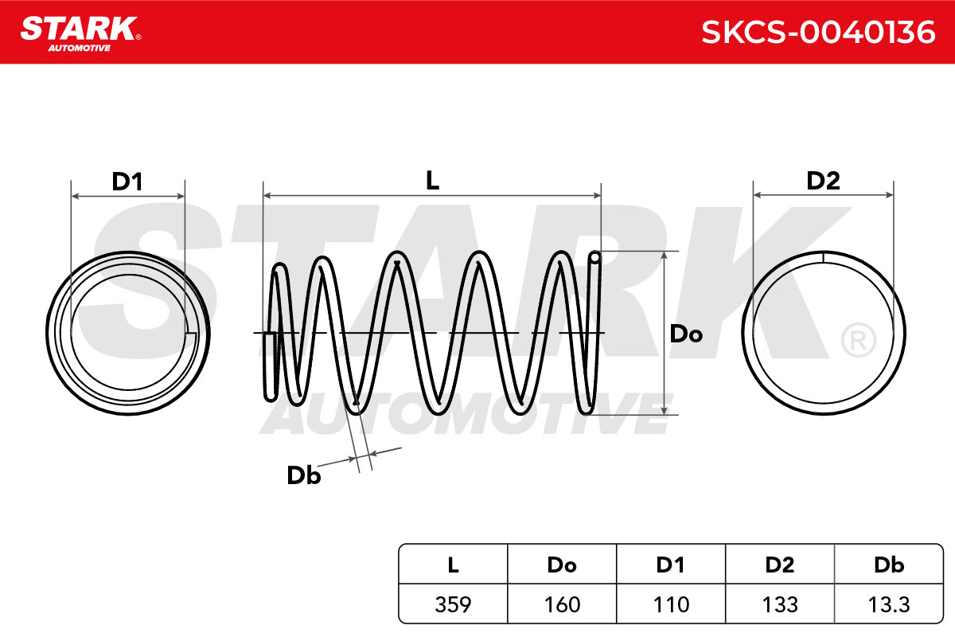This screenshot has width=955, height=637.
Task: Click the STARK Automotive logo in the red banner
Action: [80, 33]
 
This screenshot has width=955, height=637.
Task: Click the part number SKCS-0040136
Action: [818, 33]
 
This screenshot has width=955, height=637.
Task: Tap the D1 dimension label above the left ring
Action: [127, 182]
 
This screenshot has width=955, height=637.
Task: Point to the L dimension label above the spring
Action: [432, 181]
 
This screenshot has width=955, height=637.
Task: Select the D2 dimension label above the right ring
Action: [823, 181]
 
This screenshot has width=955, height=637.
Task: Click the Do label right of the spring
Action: [686, 334]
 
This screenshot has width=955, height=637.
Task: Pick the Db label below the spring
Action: [303, 475]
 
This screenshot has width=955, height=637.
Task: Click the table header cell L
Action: [453, 565]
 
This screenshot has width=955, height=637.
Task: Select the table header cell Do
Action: [562, 565]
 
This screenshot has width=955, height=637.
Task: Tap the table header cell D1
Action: [671, 565]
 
